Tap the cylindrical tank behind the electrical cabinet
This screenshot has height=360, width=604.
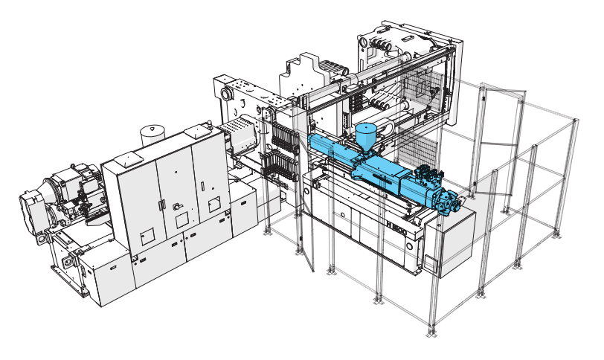154,135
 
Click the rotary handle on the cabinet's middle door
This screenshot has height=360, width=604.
177,207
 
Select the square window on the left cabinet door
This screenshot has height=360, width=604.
147,235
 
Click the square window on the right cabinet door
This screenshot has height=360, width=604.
214,204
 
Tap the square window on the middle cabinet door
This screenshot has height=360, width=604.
181,220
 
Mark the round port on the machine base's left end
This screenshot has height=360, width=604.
306,192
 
